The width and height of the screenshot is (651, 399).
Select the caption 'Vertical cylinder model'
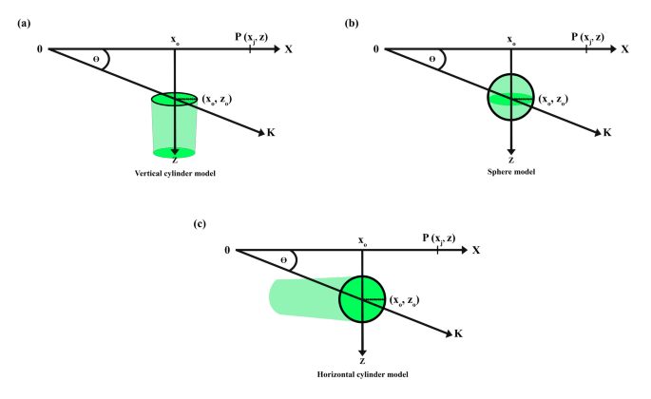click(x=175, y=171)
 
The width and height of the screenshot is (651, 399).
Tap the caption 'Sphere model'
click(x=512, y=171)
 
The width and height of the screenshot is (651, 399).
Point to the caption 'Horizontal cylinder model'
click(x=362, y=374)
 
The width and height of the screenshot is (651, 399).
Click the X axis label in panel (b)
click(x=624, y=47)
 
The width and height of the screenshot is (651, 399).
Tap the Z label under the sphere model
click(x=511, y=160)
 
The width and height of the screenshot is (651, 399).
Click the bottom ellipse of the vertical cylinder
click(x=174, y=152)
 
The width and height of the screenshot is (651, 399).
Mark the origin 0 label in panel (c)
click(x=227, y=249)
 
